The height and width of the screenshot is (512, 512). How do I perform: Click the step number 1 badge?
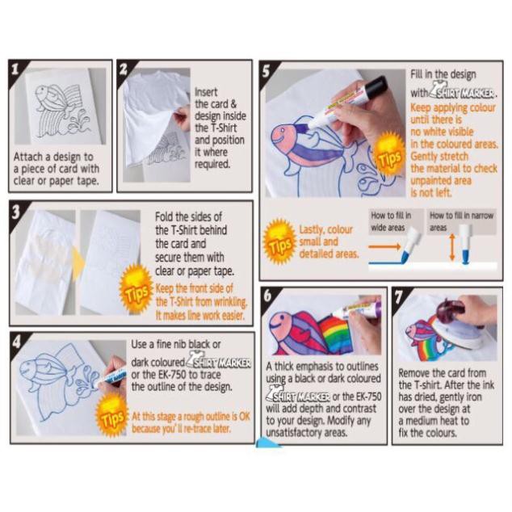(x=18, y=69)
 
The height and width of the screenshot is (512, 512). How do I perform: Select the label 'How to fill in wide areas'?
(x=392, y=221)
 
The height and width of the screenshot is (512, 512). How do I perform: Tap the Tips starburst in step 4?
(x=111, y=418)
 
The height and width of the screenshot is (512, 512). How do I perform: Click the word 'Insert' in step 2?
(x=206, y=92)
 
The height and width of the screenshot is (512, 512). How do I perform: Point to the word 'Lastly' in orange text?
(x=316, y=229)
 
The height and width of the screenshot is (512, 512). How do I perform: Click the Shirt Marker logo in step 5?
(x=464, y=93)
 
